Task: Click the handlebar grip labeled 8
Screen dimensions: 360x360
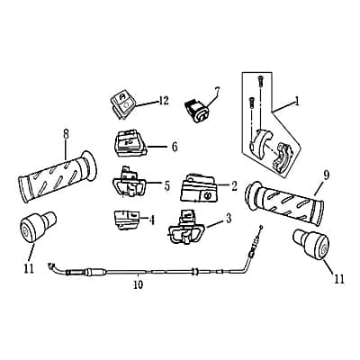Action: tap(54, 177)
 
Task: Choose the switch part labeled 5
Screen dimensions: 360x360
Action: tap(131, 184)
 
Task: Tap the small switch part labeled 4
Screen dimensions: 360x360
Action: tap(126, 219)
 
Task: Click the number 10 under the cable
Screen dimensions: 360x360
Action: tap(137, 289)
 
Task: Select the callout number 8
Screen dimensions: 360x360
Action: tap(65, 134)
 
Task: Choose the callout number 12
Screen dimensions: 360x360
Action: tap(164, 100)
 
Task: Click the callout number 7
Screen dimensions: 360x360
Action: tap(216, 90)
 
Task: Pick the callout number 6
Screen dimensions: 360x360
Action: tap(174, 146)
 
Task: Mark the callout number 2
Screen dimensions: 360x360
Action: tap(234, 186)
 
